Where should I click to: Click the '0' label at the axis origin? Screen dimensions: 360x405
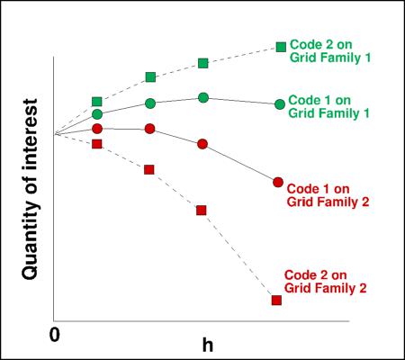pyautogui.click(x=55, y=334)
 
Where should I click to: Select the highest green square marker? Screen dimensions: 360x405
pyautogui.click(x=281, y=46)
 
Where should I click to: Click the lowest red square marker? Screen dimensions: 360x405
pyautogui.click(x=276, y=300)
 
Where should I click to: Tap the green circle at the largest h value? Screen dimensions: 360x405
pyautogui.click(x=280, y=104)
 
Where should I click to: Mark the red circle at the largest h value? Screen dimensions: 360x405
pyautogui.click(x=278, y=183)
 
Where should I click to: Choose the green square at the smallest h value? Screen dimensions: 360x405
pyautogui.click(x=97, y=103)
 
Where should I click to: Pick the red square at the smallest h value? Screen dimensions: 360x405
pyautogui.click(x=97, y=144)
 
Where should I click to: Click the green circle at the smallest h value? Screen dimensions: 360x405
pyautogui.click(x=97, y=114)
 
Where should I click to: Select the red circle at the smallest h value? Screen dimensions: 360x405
pyautogui.click(x=97, y=129)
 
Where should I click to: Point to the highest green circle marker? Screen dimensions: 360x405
pyautogui.click(x=203, y=97)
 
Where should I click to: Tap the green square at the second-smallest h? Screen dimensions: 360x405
pyautogui.click(x=150, y=77)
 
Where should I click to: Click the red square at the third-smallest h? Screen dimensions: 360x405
pyautogui.click(x=202, y=210)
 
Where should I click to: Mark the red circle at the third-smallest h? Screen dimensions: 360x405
pyautogui.click(x=202, y=144)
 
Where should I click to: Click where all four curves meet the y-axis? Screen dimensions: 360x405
pyautogui.click(x=55, y=134)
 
